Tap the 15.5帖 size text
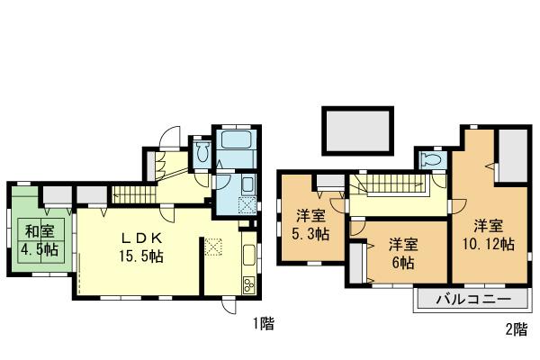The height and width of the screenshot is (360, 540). (x=142, y=257)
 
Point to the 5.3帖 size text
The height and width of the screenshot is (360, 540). (x=311, y=233)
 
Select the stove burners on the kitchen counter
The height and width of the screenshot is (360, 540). (x=248, y=285)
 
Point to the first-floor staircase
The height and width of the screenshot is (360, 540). (x=132, y=192)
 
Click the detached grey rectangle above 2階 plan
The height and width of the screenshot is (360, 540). (x=357, y=132)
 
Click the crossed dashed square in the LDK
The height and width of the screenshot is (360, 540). (x=213, y=246)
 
